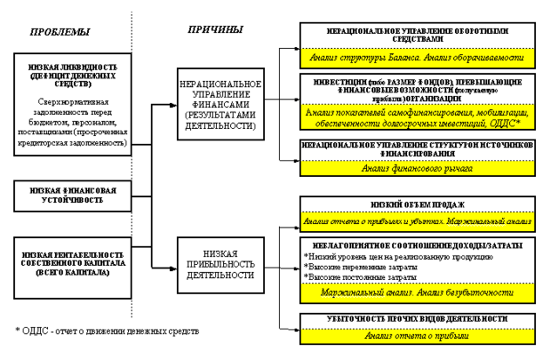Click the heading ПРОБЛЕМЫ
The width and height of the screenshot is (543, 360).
(58, 32)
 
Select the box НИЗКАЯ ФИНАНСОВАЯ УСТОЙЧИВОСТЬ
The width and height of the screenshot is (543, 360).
(71, 194)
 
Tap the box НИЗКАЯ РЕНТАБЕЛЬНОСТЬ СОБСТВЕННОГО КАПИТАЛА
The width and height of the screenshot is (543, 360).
(72, 259)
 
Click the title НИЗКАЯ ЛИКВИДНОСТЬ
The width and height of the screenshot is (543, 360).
(72, 71)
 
